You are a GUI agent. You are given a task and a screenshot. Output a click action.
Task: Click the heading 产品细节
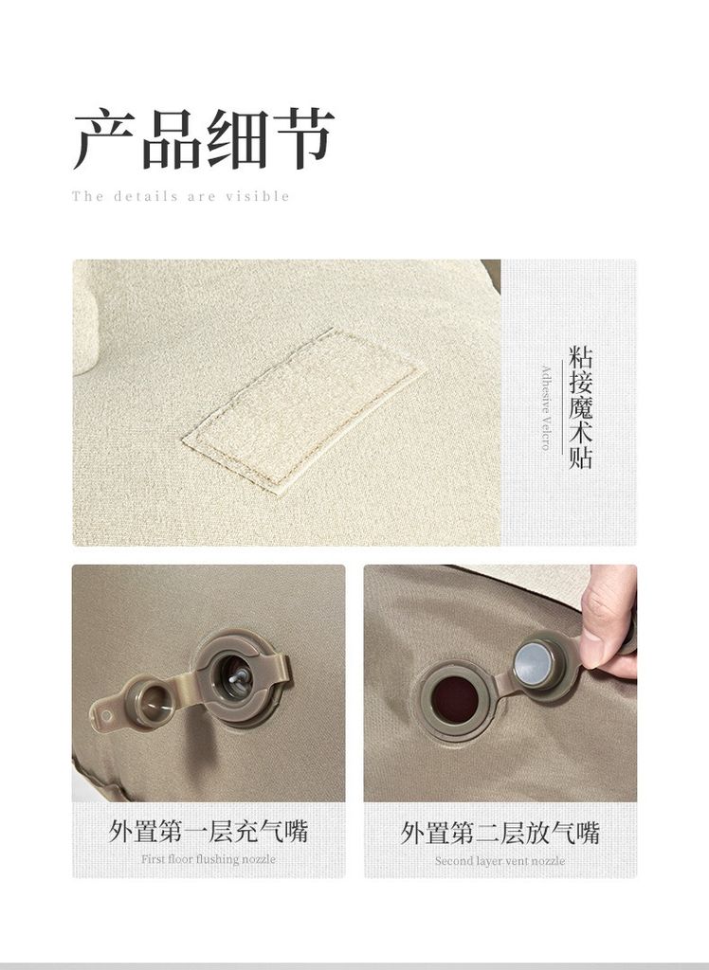pos(205,139)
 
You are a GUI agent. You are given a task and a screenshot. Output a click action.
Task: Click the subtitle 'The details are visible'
pos(181,197)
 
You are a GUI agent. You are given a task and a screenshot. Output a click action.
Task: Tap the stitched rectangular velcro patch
pos(303,410)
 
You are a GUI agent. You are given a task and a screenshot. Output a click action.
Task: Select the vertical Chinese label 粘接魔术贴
pos(580,407)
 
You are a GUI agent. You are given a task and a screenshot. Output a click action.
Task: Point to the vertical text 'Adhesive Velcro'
pos(546,408)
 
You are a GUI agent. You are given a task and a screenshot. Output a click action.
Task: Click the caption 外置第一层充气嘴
pos(209,831)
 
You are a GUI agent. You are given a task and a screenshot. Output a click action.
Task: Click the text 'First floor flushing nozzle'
pos(209,859)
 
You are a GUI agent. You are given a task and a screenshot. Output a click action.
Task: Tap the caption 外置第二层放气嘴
pos(500,833)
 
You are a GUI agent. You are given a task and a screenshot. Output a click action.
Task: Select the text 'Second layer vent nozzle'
pos(500,860)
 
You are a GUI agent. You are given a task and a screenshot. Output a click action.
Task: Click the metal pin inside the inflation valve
pos(237,676)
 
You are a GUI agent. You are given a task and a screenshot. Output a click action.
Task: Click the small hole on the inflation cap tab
pos(106,716)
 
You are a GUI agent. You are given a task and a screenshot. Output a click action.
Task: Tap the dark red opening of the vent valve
pos(455,699)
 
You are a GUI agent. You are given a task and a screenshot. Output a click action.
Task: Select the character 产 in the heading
pos(104,140)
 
